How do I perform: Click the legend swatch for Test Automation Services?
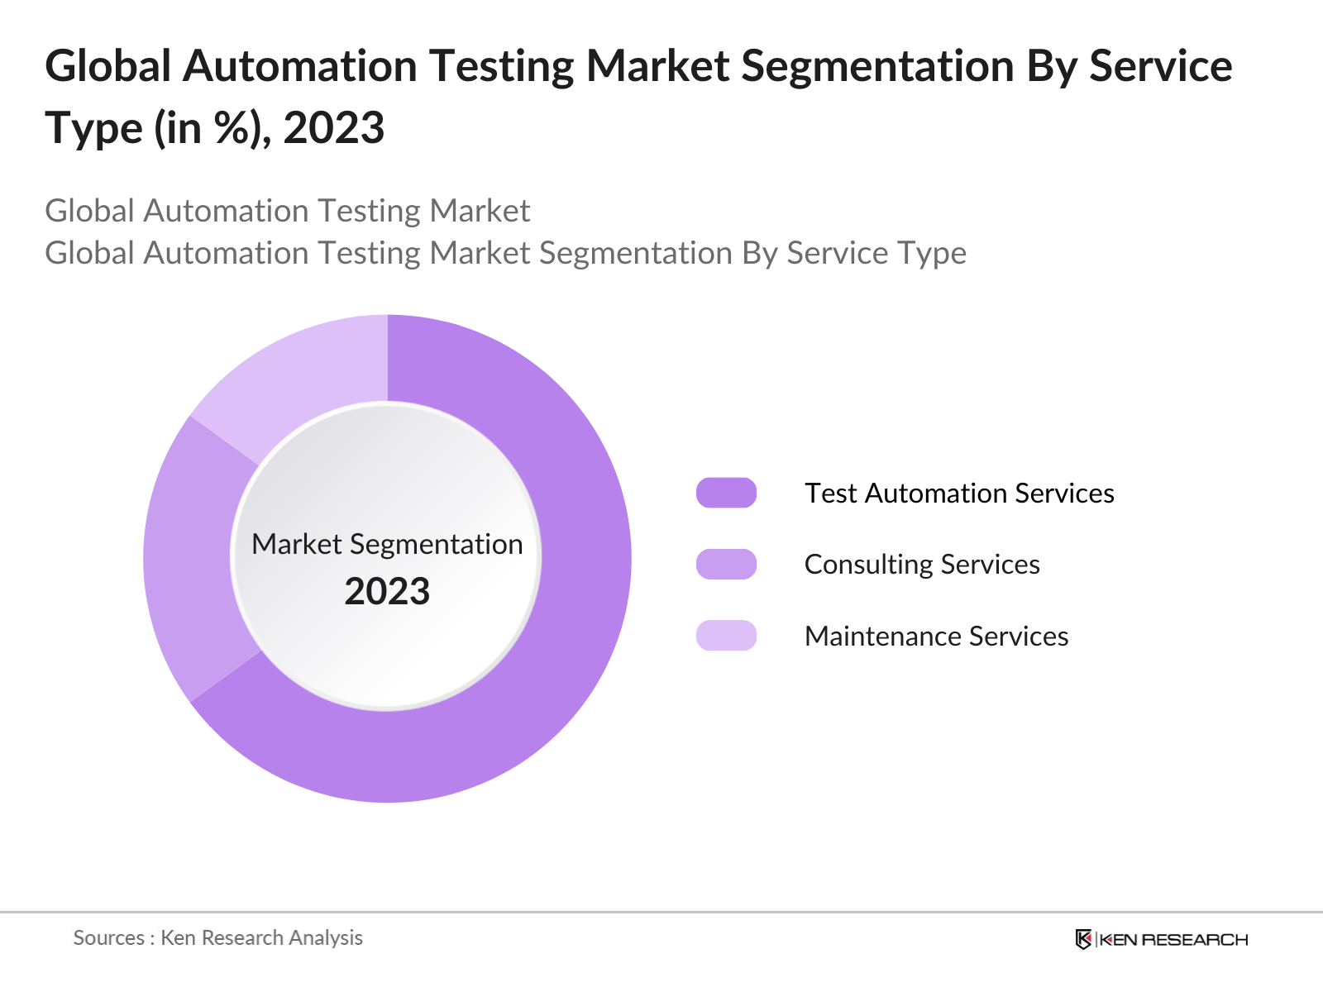pos(726,493)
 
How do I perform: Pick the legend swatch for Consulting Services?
pos(726,564)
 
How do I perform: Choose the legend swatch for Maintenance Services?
pos(726,636)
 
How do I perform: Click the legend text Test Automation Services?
pos(959,493)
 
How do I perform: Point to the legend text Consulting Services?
pos(922,564)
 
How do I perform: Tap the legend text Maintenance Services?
pos(936,636)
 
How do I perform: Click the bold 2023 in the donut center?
pos(387,592)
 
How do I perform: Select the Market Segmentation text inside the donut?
pos(387,544)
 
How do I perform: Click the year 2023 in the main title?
pos(334,128)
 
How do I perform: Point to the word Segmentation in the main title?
pos(876,66)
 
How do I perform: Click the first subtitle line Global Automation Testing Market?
pos(287,211)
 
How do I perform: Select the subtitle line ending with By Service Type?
pos(505,253)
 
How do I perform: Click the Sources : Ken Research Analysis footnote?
pos(218,937)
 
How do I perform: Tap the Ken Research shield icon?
pos(1083,939)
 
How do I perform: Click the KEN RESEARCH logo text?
pos(1173,939)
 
